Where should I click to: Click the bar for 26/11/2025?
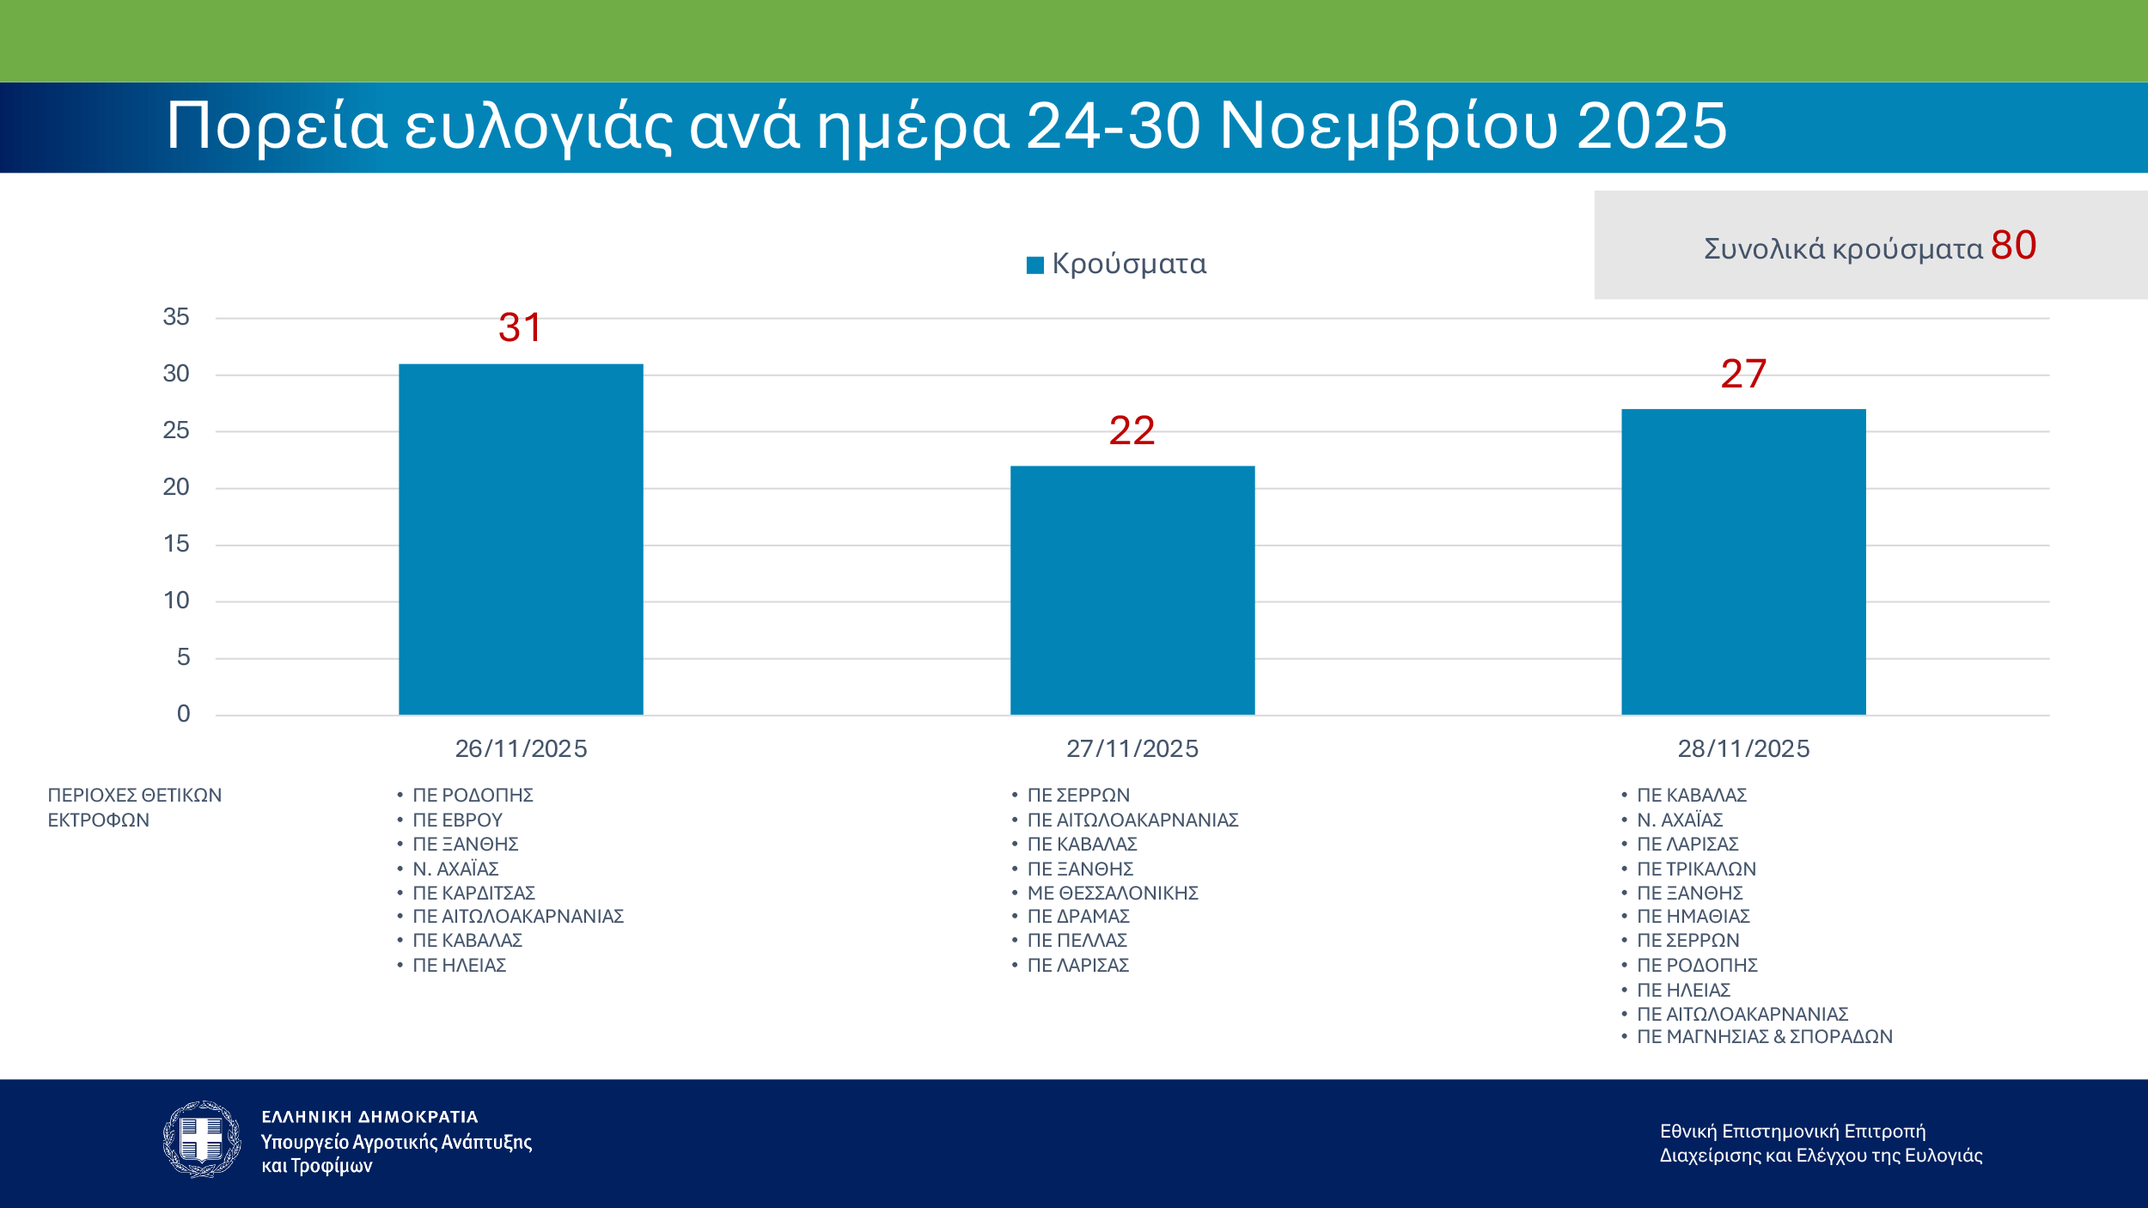pyautogui.click(x=521, y=540)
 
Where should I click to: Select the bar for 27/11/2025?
pyautogui.click(x=1132, y=590)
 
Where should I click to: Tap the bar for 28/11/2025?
pyautogui.click(x=1743, y=562)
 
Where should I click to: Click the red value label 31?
pyautogui.click(x=521, y=327)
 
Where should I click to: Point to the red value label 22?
pyautogui.click(x=1132, y=430)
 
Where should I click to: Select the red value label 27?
pyautogui.click(x=1743, y=374)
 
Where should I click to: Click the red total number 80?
pyautogui.click(x=2013, y=246)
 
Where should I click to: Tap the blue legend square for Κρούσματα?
pyautogui.click(x=1035, y=265)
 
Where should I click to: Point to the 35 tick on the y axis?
pyautogui.click(x=176, y=317)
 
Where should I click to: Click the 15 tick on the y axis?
pyautogui.click(x=176, y=544)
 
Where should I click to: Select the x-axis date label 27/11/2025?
pyautogui.click(x=1132, y=748)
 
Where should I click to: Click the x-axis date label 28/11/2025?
pyautogui.click(x=1743, y=748)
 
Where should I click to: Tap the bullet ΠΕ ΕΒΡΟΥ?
pyautogui.click(x=457, y=820)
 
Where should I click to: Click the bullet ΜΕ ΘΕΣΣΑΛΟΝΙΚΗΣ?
pyautogui.click(x=1113, y=893)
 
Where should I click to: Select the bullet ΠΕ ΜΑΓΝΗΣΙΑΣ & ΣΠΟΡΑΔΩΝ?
pyautogui.click(x=1764, y=1036)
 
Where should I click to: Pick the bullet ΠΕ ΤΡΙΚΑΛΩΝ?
pyautogui.click(x=1696, y=869)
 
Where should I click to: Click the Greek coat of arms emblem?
pyautogui.click(x=202, y=1139)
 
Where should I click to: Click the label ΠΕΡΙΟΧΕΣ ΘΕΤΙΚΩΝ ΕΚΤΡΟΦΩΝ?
pyautogui.click(x=134, y=807)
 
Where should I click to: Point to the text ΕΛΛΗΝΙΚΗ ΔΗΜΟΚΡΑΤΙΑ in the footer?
pyautogui.click(x=369, y=1117)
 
